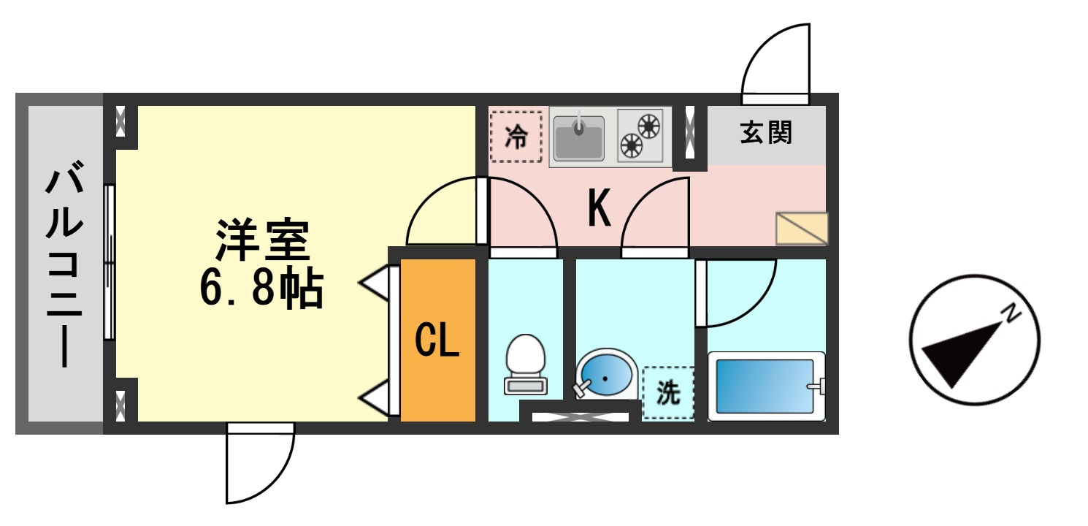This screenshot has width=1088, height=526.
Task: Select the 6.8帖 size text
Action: coord(262,288)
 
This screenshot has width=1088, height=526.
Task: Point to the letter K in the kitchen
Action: coord(599,207)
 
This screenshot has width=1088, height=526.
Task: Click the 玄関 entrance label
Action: coord(766,132)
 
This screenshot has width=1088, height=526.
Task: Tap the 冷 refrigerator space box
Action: coord(516,137)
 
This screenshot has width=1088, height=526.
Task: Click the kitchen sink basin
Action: coord(578,138)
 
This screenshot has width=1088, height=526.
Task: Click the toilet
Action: coord(526,364)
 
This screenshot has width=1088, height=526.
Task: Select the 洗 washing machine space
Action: coord(668,393)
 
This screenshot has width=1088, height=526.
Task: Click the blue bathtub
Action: coord(767,386)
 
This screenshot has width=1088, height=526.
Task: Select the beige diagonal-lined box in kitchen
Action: coord(802,229)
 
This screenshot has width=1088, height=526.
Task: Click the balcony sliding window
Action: coord(110,262)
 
